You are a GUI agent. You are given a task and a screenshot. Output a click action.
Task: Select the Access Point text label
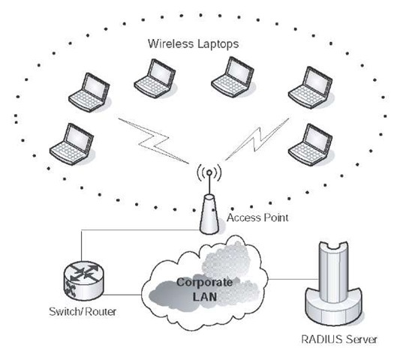pos(251,218)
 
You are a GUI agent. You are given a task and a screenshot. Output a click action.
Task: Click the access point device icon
pos(210,214)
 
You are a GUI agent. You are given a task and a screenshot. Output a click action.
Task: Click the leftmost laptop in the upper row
pos(89,89)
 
